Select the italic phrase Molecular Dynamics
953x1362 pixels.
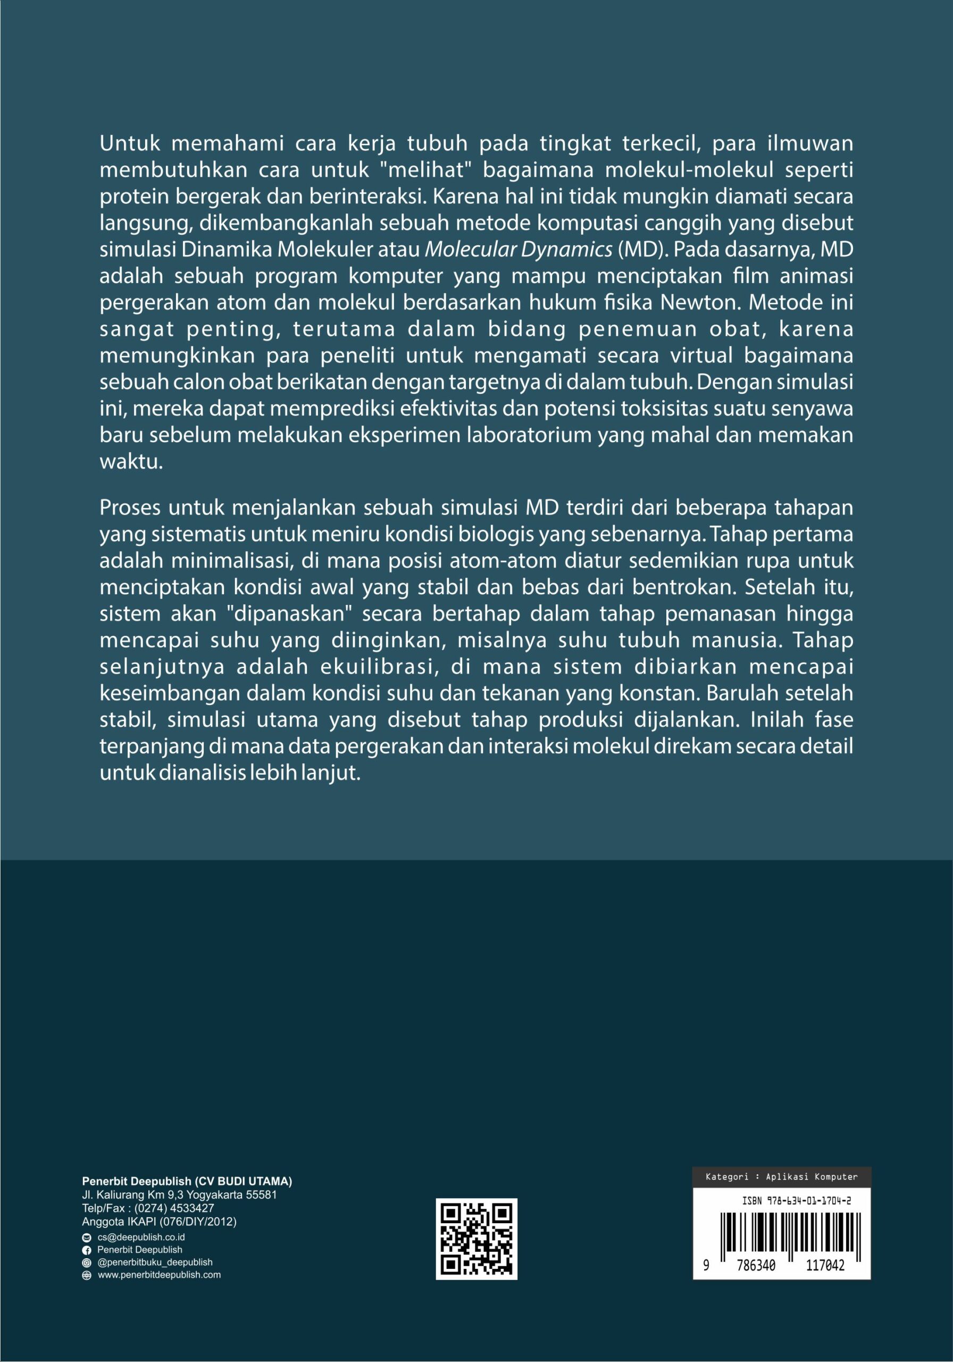[x=519, y=250]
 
